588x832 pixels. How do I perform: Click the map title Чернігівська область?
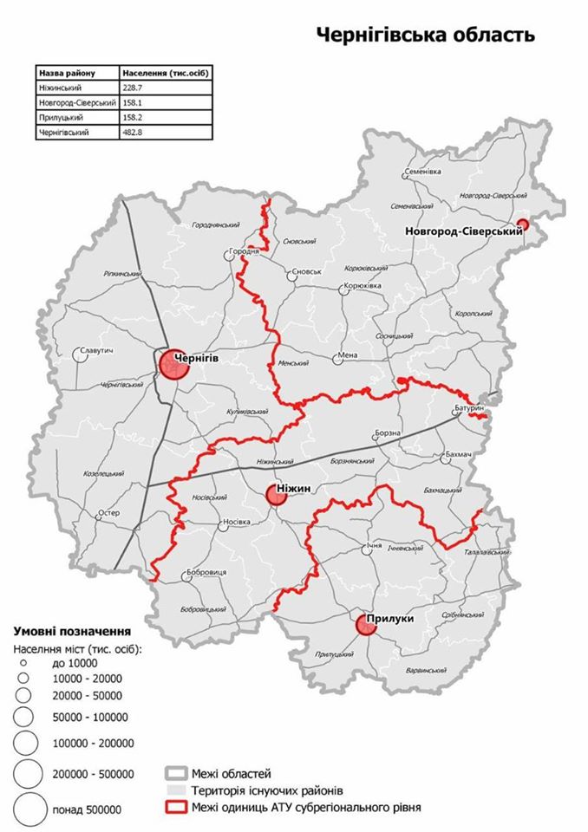[x=425, y=36]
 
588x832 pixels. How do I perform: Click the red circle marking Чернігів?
[x=173, y=364]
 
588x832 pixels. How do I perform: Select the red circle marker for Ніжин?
[x=279, y=495]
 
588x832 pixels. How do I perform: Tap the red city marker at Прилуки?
[x=367, y=625]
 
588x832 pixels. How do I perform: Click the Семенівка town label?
[x=424, y=172]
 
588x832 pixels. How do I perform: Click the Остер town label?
[x=108, y=513]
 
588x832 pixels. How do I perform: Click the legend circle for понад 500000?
[x=30, y=808]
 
